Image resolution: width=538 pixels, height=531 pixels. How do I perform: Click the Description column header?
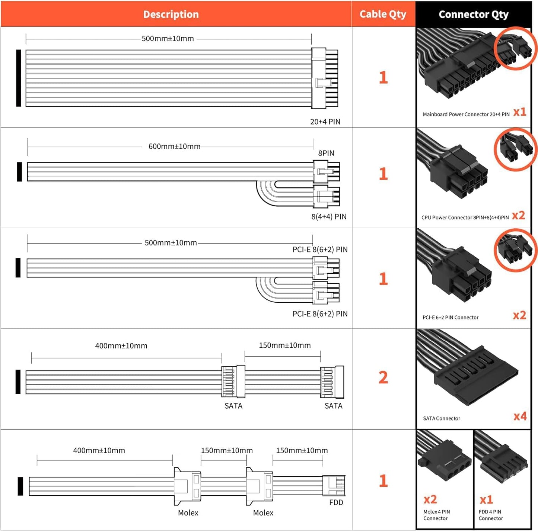(x=171, y=15)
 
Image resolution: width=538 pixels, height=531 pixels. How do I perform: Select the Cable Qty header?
(x=383, y=15)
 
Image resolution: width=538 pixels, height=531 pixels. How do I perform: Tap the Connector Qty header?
(x=473, y=15)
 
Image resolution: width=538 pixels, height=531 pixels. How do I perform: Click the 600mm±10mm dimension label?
(x=174, y=147)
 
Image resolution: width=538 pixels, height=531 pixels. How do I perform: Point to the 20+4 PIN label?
(x=325, y=122)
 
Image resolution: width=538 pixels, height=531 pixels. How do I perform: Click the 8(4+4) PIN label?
(x=329, y=216)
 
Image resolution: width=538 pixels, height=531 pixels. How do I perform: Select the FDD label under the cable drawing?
(x=336, y=502)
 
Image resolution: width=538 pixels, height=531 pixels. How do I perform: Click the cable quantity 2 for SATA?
(x=383, y=378)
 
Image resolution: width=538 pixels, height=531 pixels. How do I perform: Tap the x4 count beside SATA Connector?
(x=520, y=416)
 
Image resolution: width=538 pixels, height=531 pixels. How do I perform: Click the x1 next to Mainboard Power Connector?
(x=520, y=112)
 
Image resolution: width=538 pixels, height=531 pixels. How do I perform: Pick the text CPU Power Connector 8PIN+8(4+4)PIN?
(x=465, y=218)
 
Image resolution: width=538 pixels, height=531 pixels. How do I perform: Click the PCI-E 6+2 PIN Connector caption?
(x=451, y=318)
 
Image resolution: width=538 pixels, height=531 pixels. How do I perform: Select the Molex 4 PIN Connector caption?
(x=436, y=515)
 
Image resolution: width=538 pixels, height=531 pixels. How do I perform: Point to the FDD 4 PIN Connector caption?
(x=491, y=515)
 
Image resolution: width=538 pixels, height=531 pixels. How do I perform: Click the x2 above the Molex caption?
(x=430, y=499)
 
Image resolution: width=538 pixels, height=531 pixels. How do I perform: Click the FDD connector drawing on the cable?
(x=334, y=485)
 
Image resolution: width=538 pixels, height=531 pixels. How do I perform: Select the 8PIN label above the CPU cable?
(x=326, y=153)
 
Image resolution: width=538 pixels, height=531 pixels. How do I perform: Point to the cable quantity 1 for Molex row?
(x=383, y=481)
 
